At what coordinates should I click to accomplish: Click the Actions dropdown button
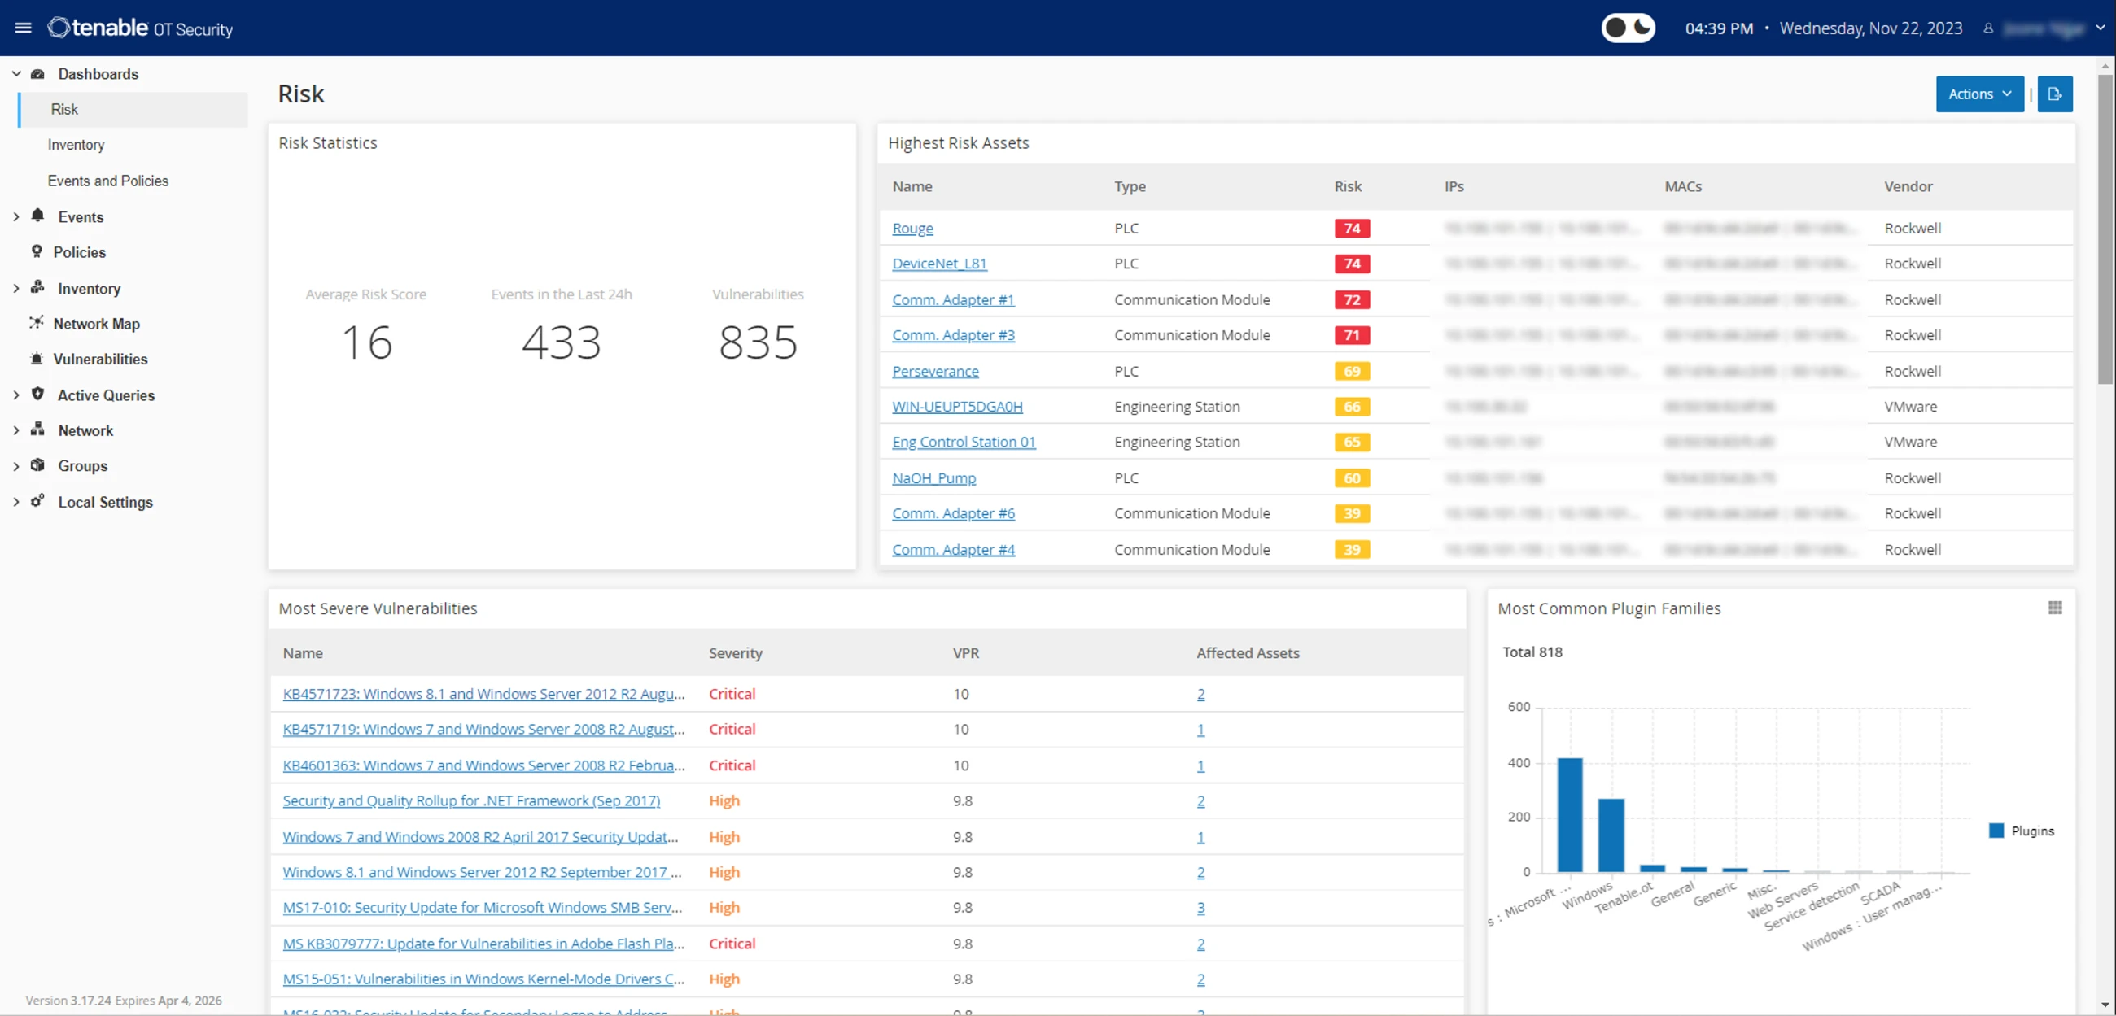click(x=1978, y=94)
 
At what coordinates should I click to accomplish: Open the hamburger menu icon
click(x=23, y=28)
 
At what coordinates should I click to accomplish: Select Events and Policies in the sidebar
click(x=107, y=181)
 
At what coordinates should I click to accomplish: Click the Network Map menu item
click(x=96, y=324)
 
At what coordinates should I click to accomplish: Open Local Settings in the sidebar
click(x=105, y=502)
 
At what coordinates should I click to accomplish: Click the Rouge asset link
click(x=912, y=229)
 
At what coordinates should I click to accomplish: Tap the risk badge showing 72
click(x=1351, y=300)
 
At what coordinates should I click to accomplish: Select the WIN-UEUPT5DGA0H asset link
click(x=957, y=407)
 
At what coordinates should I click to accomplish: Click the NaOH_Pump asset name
click(x=934, y=478)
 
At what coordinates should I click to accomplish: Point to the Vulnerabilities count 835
click(x=758, y=342)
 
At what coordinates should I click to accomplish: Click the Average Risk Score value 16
click(x=366, y=342)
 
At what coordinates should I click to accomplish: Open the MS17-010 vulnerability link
click(x=483, y=908)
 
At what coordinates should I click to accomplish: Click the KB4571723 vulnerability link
click(x=483, y=694)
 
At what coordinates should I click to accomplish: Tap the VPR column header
click(x=965, y=653)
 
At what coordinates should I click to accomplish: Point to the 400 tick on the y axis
click(x=1519, y=763)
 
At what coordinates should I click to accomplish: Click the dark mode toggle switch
click(x=1627, y=28)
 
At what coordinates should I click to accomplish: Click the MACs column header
click(x=1682, y=186)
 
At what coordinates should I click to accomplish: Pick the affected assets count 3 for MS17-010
click(x=1200, y=908)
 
